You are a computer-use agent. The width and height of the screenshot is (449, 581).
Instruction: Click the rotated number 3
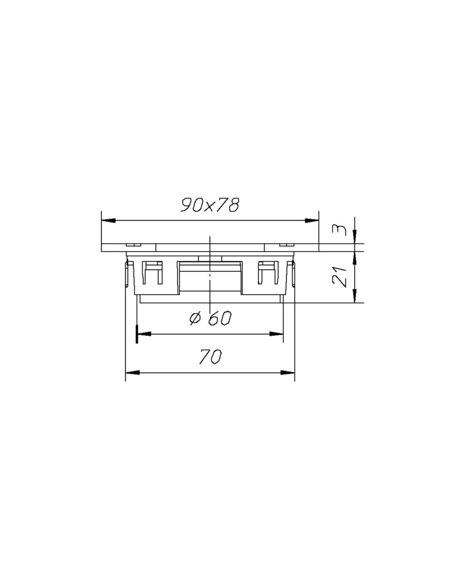340,230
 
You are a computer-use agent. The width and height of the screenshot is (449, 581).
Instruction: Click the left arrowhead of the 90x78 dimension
109,221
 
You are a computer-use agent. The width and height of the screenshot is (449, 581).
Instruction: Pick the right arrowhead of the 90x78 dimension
312,221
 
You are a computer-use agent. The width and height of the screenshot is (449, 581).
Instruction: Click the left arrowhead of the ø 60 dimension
144,334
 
